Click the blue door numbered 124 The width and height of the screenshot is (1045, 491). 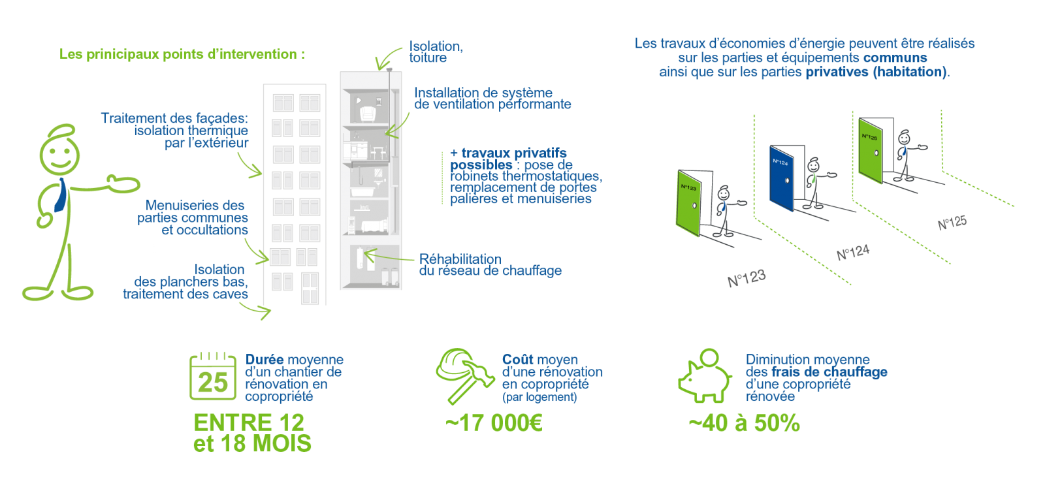pyautogui.click(x=781, y=178)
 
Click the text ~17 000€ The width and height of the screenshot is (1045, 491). pyautogui.click(x=494, y=423)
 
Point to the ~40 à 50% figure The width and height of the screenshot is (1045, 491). pyautogui.click(x=744, y=423)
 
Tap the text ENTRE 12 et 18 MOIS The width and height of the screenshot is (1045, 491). pyautogui.click(x=252, y=433)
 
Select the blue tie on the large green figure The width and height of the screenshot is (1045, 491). pyautogui.click(x=59, y=195)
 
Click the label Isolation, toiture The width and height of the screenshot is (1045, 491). pyautogui.click(x=436, y=52)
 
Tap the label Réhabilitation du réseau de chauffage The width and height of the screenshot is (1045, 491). pyautogui.click(x=489, y=264)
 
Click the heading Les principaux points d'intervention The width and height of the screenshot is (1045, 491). pyautogui.click(x=182, y=54)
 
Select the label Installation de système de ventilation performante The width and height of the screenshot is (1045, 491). pyautogui.click(x=492, y=99)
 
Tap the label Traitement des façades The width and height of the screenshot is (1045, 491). pyautogui.click(x=174, y=118)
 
